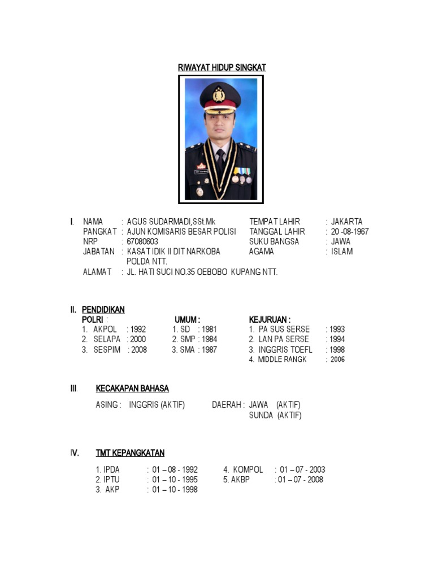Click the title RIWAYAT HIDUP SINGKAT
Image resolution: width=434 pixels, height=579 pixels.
tap(222, 67)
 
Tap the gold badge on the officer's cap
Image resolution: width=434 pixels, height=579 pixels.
tap(220, 93)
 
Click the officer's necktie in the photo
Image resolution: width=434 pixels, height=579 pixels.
tap(220, 158)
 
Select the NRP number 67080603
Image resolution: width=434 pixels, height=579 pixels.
tap(142, 241)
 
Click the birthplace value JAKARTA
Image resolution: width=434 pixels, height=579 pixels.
tap(346, 222)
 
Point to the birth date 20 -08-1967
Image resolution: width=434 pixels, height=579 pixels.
tap(350, 231)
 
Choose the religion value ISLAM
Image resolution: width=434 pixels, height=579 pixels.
tap(342, 252)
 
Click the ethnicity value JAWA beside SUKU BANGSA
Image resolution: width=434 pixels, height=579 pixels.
tap(341, 241)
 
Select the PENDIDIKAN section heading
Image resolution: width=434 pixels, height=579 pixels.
tap(103, 309)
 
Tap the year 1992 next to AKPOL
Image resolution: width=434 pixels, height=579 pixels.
tap(138, 329)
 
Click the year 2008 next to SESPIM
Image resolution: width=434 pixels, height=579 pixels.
tap(138, 349)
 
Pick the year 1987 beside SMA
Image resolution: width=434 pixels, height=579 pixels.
tap(208, 349)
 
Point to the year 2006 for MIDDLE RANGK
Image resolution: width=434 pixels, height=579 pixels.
tap(337, 360)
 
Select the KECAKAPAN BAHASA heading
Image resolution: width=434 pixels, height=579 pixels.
tap(132, 388)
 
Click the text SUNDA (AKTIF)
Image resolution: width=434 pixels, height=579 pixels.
tap(275, 416)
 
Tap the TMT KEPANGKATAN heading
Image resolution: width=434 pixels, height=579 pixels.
tap(130, 453)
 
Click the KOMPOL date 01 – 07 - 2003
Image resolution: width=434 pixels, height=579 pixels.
tap(302, 469)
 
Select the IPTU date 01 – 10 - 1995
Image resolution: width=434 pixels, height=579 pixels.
tap(175, 479)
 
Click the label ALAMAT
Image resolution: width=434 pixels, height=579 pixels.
tap(97, 272)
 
